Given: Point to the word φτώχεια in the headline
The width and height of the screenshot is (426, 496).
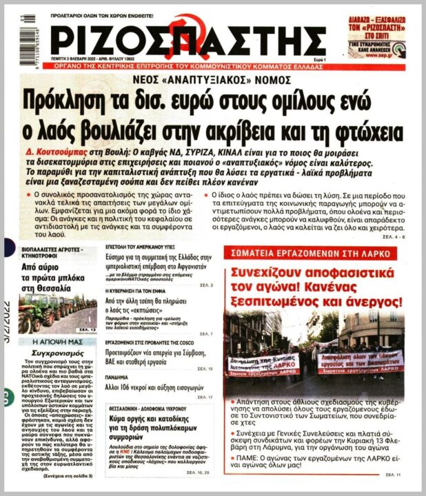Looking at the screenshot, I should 366,129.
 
